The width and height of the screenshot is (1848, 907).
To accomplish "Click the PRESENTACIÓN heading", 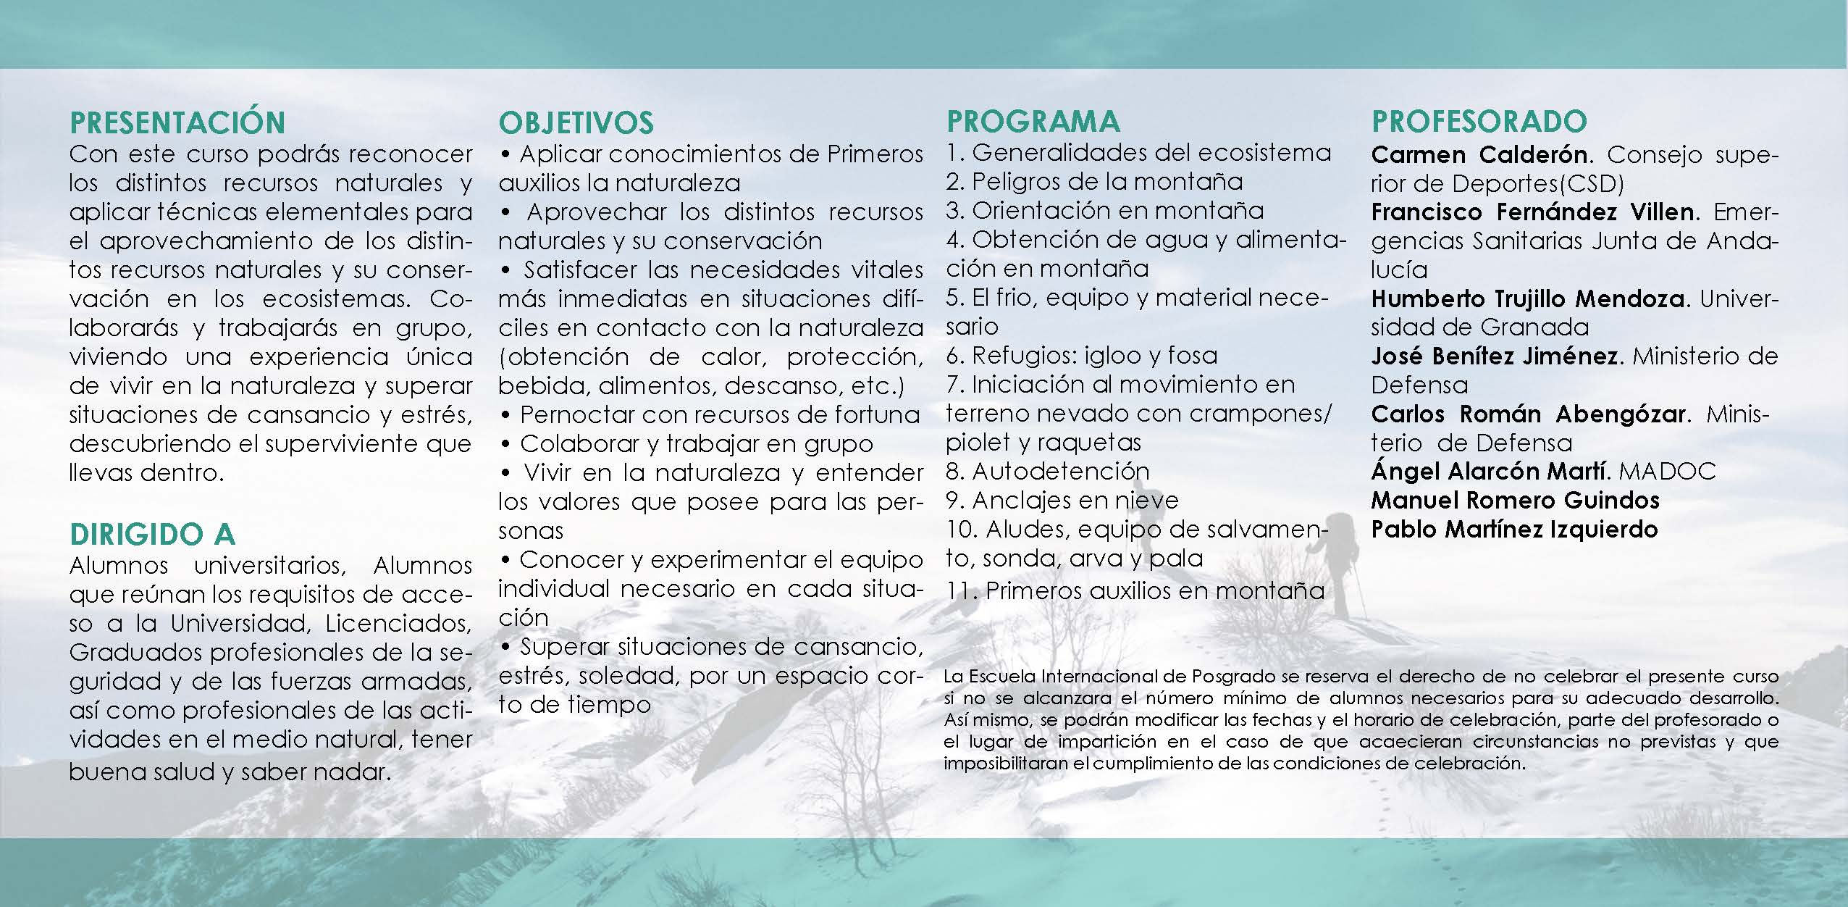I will click(x=177, y=122).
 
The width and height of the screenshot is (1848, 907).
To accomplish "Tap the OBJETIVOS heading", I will click(x=576, y=122).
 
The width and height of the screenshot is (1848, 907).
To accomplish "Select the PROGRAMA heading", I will click(x=1033, y=121).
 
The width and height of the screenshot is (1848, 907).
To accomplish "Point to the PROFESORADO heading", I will click(x=1479, y=121).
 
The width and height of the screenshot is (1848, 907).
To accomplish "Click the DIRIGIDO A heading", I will click(x=153, y=535).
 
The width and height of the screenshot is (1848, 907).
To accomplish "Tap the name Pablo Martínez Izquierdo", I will click(x=1514, y=530).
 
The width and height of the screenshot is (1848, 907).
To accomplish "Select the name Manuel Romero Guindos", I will click(x=1515, y=501).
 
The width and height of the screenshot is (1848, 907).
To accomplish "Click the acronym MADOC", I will click(x=1667, y=472).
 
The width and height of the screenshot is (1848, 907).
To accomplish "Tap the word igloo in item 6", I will click(x=1145, y=356).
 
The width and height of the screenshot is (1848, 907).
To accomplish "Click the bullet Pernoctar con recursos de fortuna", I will click(x=719, y=414).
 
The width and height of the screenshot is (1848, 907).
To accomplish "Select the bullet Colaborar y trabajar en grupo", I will click(x=696, y=443).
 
